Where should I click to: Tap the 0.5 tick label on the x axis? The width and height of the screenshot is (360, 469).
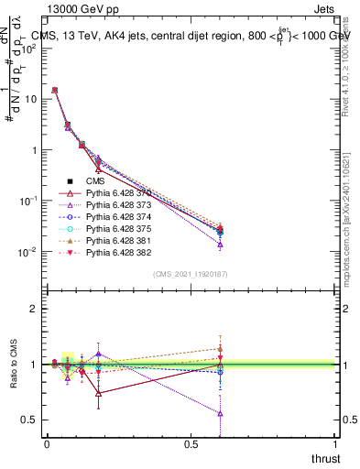tap(191, 444)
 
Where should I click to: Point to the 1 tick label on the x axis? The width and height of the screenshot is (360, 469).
tap(336, 444)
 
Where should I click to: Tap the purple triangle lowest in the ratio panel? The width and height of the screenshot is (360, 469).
tap(220, 413)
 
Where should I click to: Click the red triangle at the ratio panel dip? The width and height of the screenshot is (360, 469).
tap(99, 393)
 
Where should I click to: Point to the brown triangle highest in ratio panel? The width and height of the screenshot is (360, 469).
tap(220, 349)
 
